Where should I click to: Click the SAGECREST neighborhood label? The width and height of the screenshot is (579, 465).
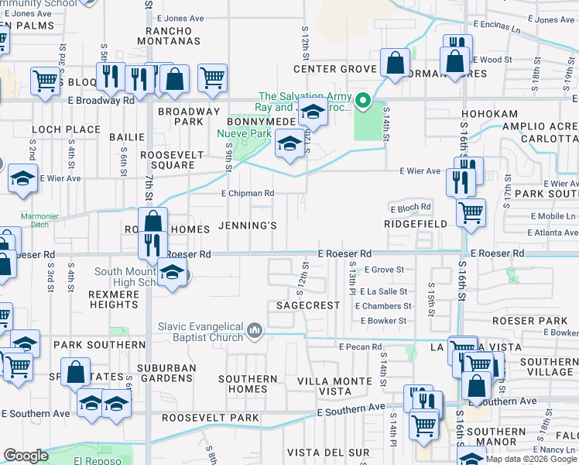(308, 305)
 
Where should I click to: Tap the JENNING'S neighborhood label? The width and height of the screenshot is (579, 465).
(248, 226)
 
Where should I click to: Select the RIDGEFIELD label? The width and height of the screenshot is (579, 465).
(416, 223)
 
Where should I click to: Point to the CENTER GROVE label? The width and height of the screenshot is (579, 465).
(334, 69)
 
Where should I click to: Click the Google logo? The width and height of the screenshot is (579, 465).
(26, 456)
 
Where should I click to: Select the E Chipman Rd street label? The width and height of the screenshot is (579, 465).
(248, 193)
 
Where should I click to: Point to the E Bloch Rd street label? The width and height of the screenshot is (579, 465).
(410, 208)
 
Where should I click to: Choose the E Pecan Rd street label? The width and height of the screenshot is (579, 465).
(360, 346)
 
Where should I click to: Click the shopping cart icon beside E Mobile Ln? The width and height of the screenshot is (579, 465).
(470, 211)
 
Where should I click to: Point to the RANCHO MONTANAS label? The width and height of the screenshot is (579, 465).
(167, 35)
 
